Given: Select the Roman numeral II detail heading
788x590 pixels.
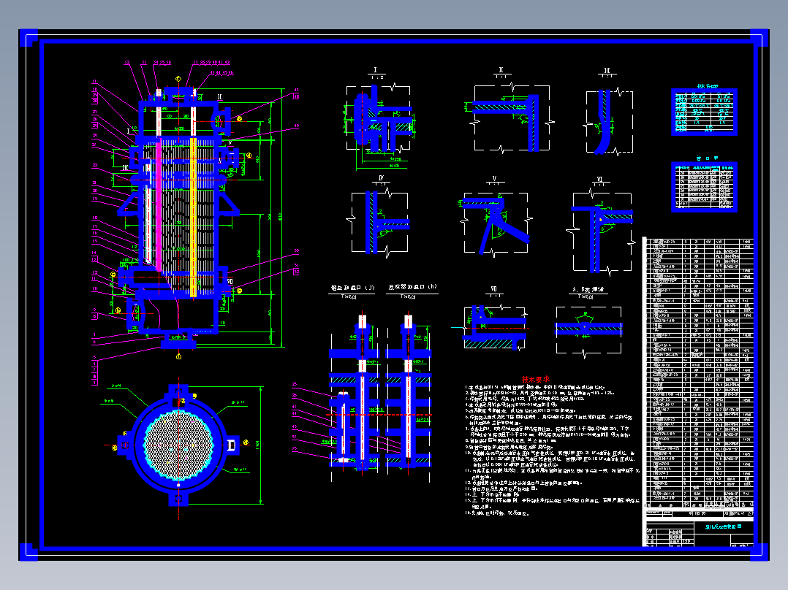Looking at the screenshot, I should (501, 71).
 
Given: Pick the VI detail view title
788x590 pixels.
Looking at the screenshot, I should (599, 178).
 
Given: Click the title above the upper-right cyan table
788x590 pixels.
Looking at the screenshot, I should (704, 85).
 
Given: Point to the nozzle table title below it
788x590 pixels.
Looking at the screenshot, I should (704, 157).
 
